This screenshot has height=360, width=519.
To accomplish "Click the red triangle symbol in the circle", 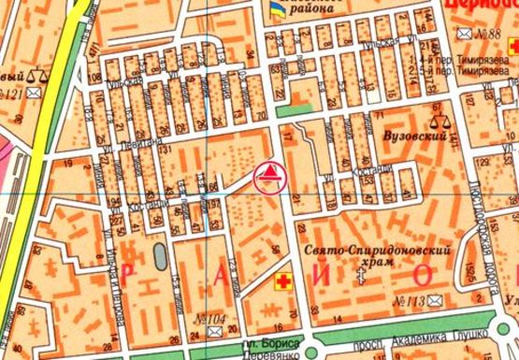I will coord(267,174).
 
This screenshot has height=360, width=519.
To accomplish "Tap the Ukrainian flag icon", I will coord(275,9).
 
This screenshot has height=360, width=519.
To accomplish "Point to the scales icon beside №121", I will coord(38,75).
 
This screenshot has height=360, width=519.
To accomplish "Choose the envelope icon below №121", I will coord(36,94).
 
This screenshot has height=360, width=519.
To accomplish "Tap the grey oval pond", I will coord(157,252).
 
